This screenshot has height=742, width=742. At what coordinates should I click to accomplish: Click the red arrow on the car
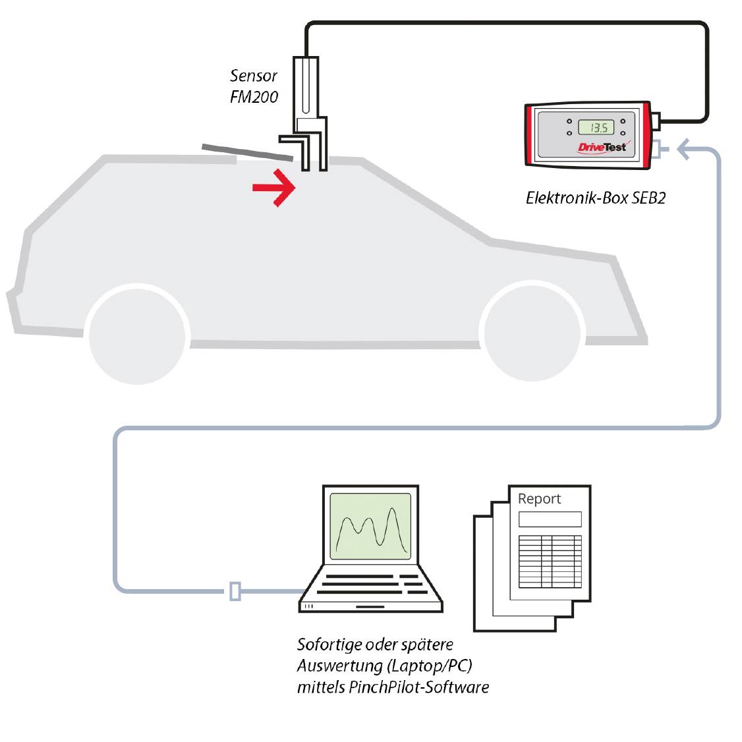275,188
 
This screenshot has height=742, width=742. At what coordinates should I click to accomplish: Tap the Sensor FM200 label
254,86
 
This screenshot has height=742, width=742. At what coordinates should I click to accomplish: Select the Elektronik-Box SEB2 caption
595,198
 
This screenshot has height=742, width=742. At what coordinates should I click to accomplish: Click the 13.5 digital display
596,127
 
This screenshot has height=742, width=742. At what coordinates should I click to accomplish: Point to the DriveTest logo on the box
602,147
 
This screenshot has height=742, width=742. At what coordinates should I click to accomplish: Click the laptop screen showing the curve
370,526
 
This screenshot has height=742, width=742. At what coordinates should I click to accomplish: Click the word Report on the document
539,499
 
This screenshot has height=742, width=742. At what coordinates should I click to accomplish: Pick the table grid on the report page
550,561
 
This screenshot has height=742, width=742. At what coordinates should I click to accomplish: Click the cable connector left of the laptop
235,591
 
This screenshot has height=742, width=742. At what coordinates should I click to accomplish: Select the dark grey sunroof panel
247,152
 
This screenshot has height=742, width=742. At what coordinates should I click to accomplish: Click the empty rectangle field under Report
550,519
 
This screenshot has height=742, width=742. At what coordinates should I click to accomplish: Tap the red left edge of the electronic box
529,135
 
